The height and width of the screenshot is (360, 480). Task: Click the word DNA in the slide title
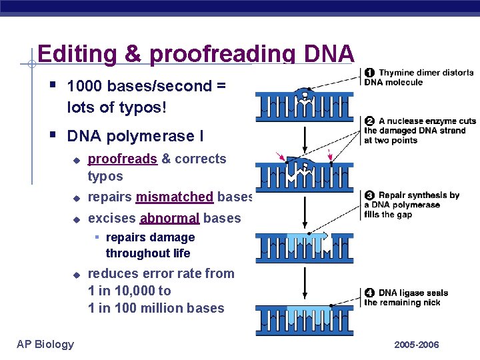(328, 54)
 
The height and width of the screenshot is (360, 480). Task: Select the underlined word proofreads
(123, 159)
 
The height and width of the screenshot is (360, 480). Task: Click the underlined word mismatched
(174, 197)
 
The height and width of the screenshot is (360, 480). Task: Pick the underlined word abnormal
(169, 218)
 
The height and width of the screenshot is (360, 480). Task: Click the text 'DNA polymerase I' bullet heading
(135, 137)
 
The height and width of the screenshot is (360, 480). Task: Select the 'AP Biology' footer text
(45, 344)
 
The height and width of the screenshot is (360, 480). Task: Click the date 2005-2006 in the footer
(417, 345)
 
